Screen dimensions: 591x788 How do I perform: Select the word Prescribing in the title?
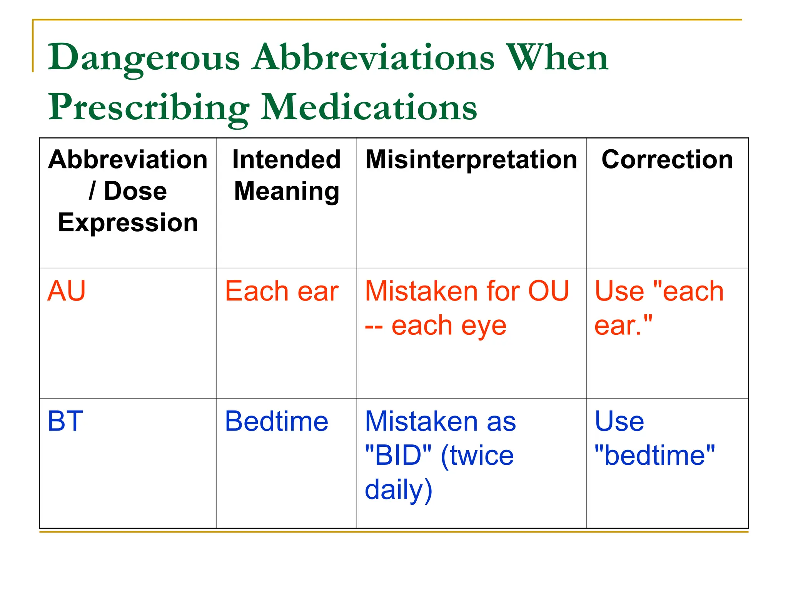click(149, 108)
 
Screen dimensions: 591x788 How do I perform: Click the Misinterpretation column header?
click(471, 159)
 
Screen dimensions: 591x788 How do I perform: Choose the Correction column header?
click(667, 159)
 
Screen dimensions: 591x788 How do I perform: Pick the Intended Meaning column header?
click(287, 175)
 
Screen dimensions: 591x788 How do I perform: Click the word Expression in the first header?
click(128, 222)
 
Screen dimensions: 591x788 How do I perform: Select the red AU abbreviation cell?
click(66, 291)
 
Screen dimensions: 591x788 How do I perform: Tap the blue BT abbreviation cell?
click(65, 421)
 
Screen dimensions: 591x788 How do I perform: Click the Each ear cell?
click(281, 291)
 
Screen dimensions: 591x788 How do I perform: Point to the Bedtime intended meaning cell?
click(276, 421)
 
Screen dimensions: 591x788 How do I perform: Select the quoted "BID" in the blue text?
click(398, 455)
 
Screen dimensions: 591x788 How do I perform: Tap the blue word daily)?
click(399, 490)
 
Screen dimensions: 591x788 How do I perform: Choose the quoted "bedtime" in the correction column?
click(654, 455)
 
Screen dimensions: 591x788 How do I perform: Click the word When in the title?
click(557, 58)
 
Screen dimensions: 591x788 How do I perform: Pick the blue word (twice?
click(477, 456)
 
